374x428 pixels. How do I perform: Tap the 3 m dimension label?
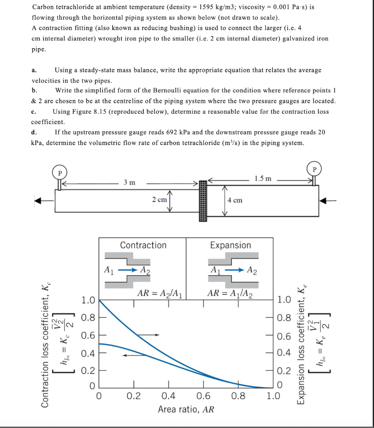click(x=129, y=182)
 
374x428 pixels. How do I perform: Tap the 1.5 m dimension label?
click(x=262, y=178)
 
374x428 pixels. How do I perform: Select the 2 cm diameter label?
click(x=159, y=200)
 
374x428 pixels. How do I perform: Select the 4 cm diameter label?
click(x=235, y=200)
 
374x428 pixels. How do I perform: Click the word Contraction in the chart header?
click(x=143, y=245)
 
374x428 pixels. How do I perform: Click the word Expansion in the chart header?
click(x=231, y=245)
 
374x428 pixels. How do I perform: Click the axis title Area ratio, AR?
click(x=186, y=409)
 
